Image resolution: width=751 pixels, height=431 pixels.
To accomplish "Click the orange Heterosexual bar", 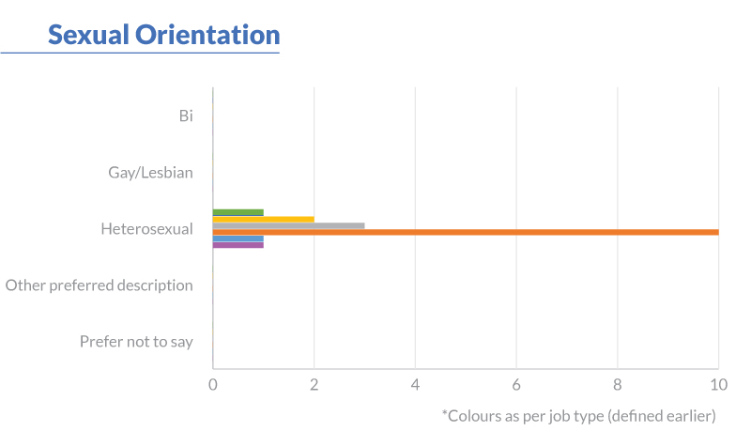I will (466, 232).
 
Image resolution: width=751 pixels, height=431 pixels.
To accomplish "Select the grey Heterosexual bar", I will (288, 225).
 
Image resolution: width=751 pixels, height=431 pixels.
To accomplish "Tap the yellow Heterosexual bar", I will (263, 219).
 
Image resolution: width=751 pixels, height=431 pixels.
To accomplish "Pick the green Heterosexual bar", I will (238, 212).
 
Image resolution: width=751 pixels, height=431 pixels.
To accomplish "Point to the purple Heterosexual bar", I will (238, 245).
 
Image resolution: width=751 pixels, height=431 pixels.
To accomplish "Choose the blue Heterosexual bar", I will (238, 239).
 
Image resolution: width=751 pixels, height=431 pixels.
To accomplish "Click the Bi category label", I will (186, 115).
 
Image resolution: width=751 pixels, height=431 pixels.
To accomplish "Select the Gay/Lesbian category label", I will (150, 172).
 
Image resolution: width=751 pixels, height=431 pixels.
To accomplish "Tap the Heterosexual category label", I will (146, 228).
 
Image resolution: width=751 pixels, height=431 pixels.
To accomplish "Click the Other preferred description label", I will (100, 285).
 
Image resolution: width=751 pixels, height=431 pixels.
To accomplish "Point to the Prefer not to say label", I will (136, 341).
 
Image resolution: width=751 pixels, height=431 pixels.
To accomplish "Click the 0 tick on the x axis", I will (213, 384).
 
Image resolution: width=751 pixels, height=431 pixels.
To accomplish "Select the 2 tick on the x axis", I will (314, 384).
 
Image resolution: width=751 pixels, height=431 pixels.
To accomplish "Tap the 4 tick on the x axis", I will (415, 384).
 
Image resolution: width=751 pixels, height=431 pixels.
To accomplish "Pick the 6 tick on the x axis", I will (516, 384).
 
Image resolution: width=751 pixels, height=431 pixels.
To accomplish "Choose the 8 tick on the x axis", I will (617, 384).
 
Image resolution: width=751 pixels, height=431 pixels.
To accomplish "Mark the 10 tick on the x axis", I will (718, 384).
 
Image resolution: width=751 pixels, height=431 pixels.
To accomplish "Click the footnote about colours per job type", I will (578, 414).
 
